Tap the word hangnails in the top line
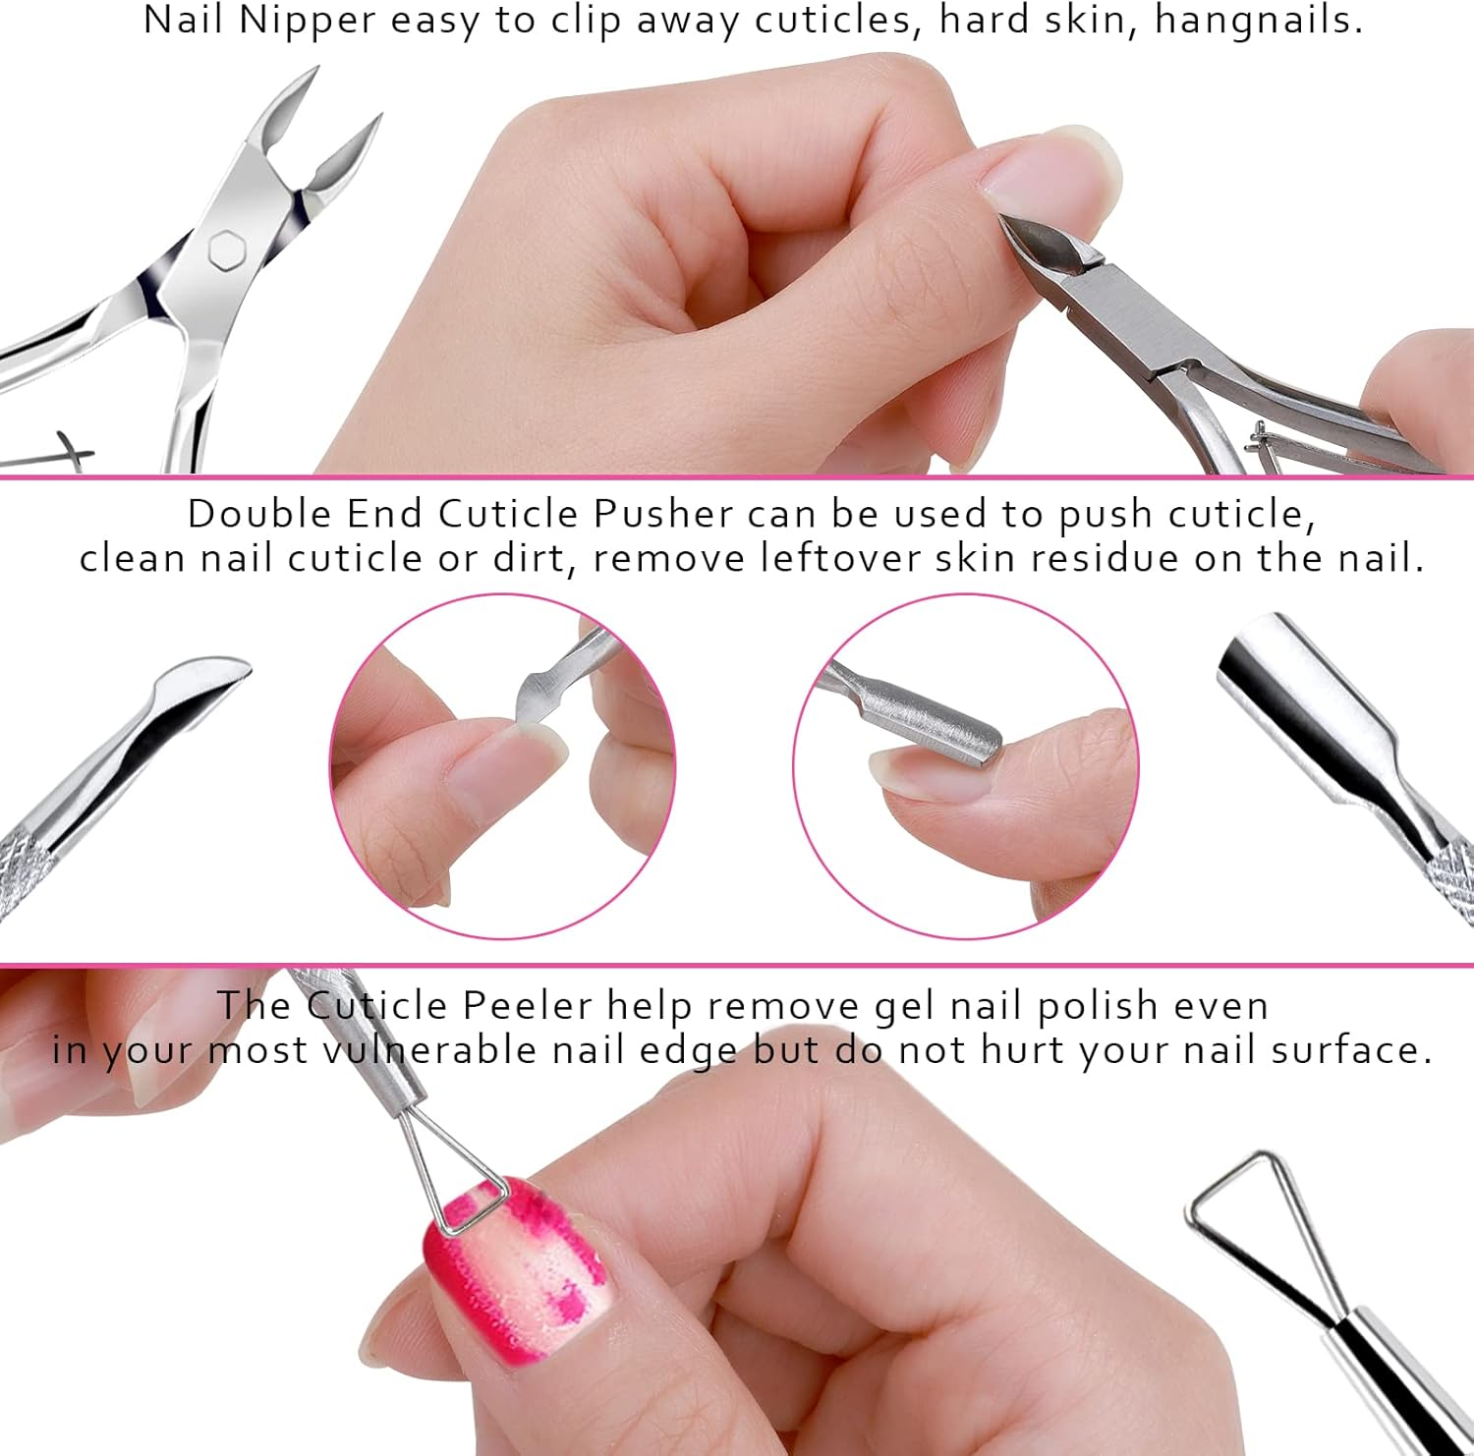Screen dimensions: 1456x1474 (x=1258, y=21)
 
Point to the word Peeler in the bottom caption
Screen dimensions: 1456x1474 (x=528, y=1005)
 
